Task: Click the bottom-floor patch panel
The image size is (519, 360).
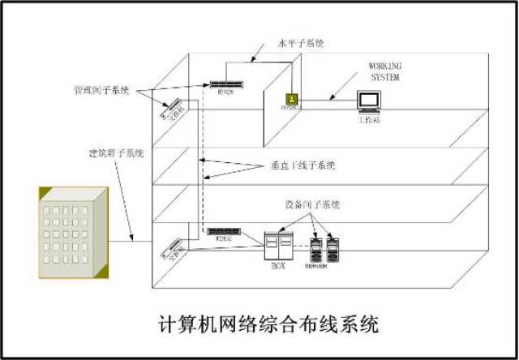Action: click(x=220, y=233)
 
